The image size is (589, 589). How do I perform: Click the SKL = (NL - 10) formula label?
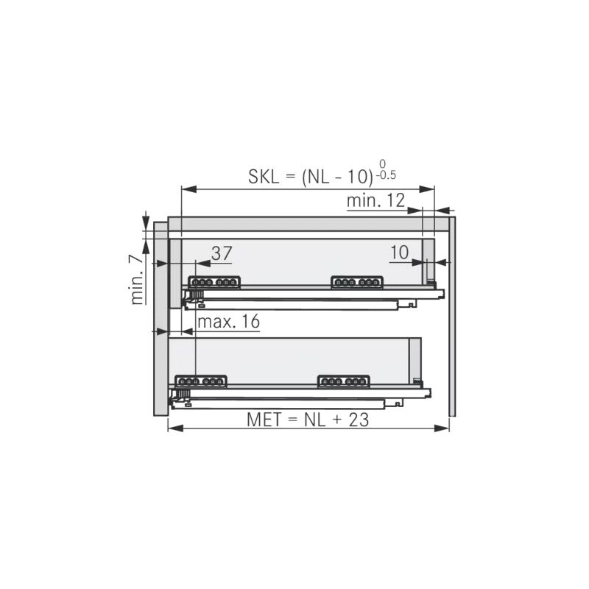pos(311,176)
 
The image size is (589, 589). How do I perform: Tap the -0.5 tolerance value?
pos(386,175)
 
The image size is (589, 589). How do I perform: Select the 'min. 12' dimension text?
pos(375,200)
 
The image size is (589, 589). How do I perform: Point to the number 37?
pos(222,253)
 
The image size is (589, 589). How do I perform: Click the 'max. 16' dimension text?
pos(228,322)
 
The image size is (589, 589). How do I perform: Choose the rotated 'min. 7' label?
pos(137,280)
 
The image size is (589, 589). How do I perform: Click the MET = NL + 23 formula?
pos(308,420)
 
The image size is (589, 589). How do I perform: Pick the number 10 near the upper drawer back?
pos(399,253)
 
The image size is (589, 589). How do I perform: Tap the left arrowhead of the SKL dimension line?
pos(188,189)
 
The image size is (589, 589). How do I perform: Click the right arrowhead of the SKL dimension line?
pos(427,189)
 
